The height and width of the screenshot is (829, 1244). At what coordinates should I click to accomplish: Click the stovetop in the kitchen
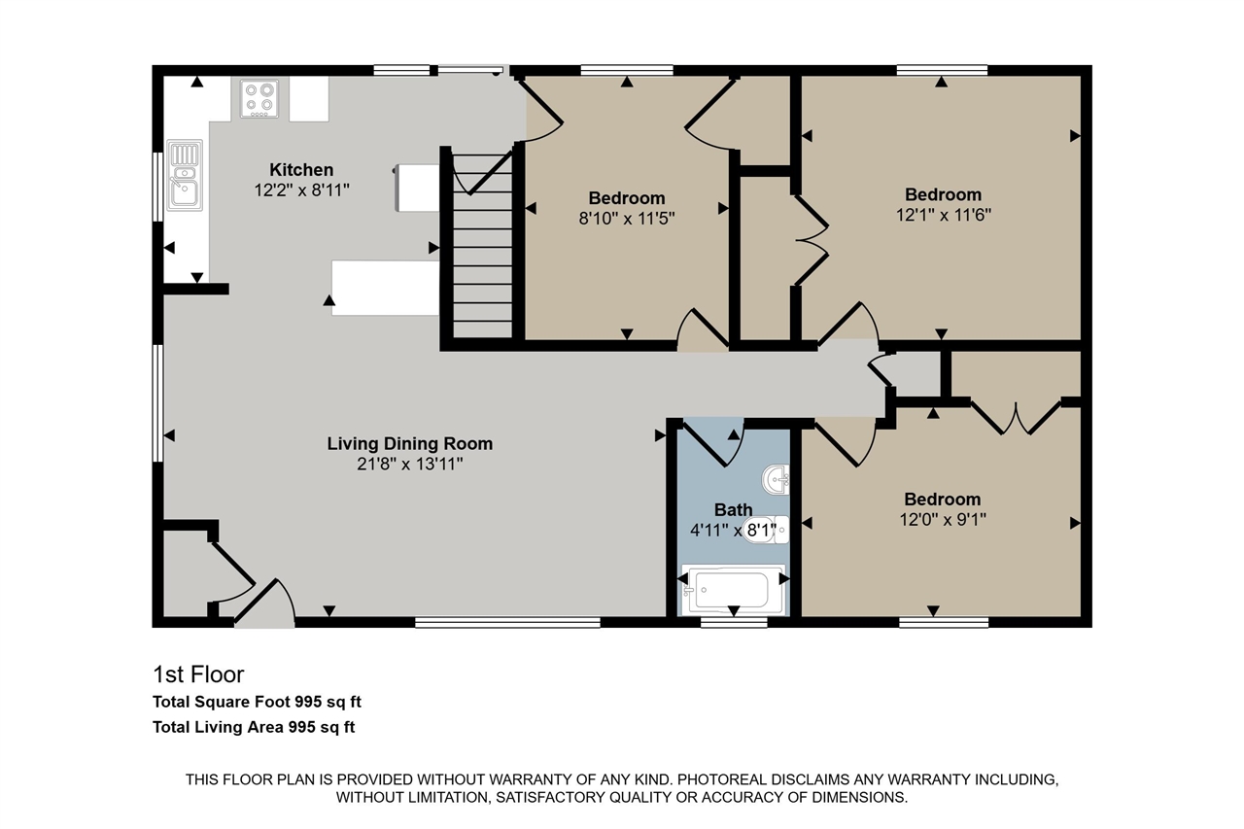259,99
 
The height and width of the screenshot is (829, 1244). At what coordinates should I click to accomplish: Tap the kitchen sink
185,175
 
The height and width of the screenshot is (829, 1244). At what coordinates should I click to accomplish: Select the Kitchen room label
301,169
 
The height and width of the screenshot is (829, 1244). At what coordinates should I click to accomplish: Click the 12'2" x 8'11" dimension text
301,190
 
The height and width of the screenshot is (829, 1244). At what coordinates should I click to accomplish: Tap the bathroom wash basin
776,479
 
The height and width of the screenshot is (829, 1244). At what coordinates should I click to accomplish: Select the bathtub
733,590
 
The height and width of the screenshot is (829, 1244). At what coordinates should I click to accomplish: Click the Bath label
733,509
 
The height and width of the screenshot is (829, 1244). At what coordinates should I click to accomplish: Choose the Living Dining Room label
410,443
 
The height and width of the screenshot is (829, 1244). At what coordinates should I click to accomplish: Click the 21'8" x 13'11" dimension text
410,465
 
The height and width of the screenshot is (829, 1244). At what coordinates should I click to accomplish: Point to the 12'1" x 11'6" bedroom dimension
943,215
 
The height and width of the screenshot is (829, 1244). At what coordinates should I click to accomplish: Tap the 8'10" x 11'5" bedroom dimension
627,219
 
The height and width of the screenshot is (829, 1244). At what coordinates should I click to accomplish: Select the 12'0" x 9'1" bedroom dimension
943,520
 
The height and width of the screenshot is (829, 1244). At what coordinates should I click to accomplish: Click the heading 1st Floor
198,674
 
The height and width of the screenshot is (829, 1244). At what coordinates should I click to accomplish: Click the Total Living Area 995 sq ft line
254,727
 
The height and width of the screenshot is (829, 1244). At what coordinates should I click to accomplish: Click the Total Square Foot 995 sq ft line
257,702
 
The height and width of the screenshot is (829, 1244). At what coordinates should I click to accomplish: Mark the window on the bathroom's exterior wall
734,623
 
